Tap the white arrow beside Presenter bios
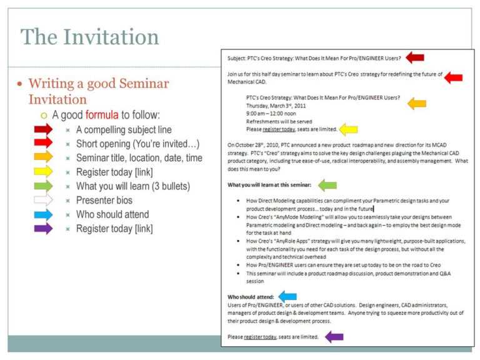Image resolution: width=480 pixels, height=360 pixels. [x=43, y=200]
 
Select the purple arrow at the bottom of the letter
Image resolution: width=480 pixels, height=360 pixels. [x=334, y=337]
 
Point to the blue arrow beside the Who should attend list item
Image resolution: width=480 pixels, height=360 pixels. [x=43, y=214]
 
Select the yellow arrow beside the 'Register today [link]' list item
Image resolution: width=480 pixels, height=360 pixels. [x=43, y=171]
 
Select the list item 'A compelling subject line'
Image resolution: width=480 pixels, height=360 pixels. [x=123, y=130]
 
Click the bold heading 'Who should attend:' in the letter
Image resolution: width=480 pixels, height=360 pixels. [x=250, y=297]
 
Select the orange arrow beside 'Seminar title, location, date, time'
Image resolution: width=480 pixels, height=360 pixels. [x=43, y=157]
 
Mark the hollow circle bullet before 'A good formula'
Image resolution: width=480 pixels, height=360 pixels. [x=44, y=116]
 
